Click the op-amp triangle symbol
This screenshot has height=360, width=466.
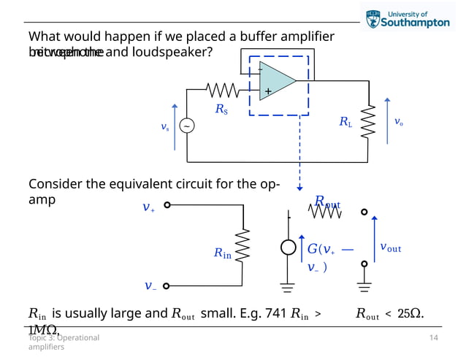[x=277, y=80]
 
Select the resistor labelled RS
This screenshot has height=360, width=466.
[x=222, y=90]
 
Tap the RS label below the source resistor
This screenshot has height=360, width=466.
[x=221, y=110]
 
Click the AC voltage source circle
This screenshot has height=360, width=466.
[x=187, y=126]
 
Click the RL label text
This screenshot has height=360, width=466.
[x=345, y=123]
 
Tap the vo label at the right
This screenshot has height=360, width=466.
[x=398, y=122]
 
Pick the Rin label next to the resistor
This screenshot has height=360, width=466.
[x=222, y=253]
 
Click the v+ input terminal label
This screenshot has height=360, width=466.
[x=148, y=207]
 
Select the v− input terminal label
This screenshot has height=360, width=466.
[x=149, y=286]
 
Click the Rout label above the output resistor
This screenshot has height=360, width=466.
[x=327, y=201]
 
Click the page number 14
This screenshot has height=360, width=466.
[x=434, y=338]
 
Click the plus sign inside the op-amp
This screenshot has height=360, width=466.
[x=268, y=92]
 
